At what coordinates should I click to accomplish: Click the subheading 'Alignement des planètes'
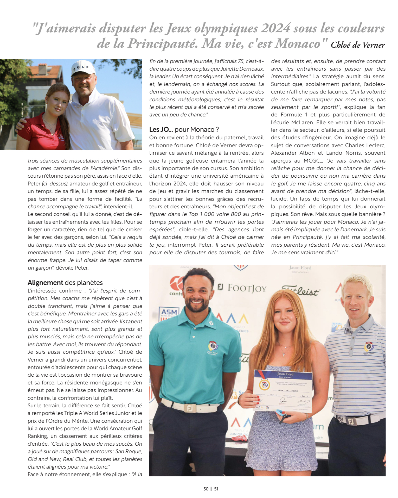[x=65, y=283]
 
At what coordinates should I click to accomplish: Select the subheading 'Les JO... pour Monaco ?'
[x=184, y=129]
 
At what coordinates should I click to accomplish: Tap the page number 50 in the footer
[x=206, y=489]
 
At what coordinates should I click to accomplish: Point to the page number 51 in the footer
[x=216, y=489]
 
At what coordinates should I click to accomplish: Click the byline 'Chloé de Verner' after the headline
[x=358, y=45]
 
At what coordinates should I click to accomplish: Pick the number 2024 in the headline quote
[x=275, y=28]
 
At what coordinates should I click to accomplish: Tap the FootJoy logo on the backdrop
[x=242, y=288]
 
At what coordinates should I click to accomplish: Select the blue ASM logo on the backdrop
[x=169, y=312]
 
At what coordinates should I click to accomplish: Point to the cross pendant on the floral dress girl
[x=284, y=354]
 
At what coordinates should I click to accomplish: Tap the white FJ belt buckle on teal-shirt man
[x=190, y=408]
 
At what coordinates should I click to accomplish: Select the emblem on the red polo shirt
[x=61, y=136]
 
